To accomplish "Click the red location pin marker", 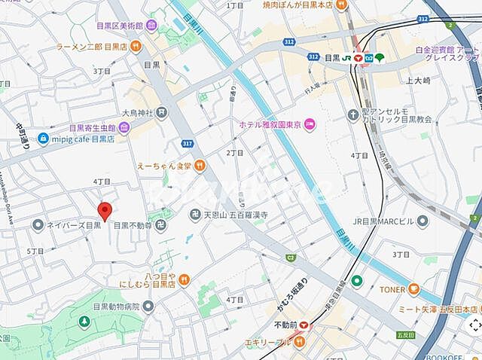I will (105, 211).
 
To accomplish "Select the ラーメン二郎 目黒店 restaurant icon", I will (135, 47).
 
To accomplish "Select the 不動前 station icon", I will (304, 325).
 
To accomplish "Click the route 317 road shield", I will (186, 142).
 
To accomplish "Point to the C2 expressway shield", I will (269, 258).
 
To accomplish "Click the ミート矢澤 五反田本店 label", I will (436, 309).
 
